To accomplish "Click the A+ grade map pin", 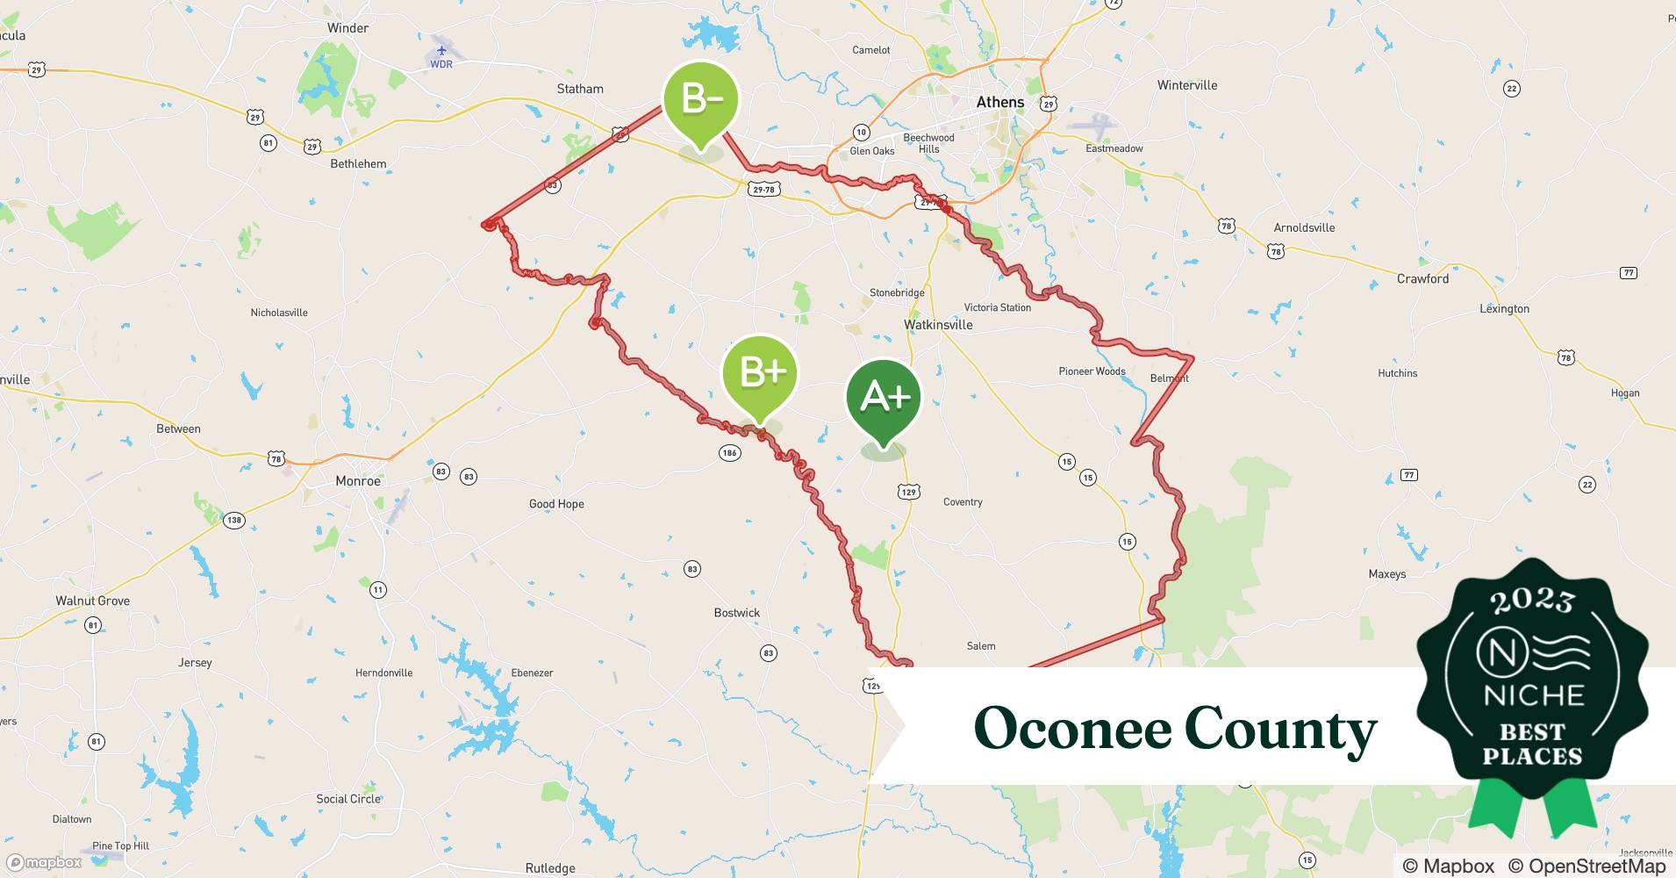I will click(x=884, y=397).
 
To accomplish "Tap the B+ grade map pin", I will click(x=760, y=373).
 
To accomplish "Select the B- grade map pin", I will click(x=700, y=99).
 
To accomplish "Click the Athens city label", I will click(x=1000, y=102).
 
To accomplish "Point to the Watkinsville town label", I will click(x=938, y=324).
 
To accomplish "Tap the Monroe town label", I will click(x=358, y=480).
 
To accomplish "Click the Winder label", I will click(x=347, y=28).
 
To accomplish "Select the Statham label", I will click(x=580, y=89).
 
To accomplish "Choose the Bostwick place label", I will click(x=736, y=613).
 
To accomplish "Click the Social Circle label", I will click(x=348, y=798).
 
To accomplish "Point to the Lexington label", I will click(x=1504, y=308).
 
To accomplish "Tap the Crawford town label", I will click(x=1422, y=278).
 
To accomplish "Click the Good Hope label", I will click(x=556, y=504).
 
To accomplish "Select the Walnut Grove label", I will click(x=92, y=601).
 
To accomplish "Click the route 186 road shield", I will click(x=729, y=453).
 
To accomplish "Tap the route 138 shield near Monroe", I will click(x=233, y=520).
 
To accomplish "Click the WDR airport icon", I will click(x=441, y=51).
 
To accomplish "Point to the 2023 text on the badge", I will click(x=1532, y=601).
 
